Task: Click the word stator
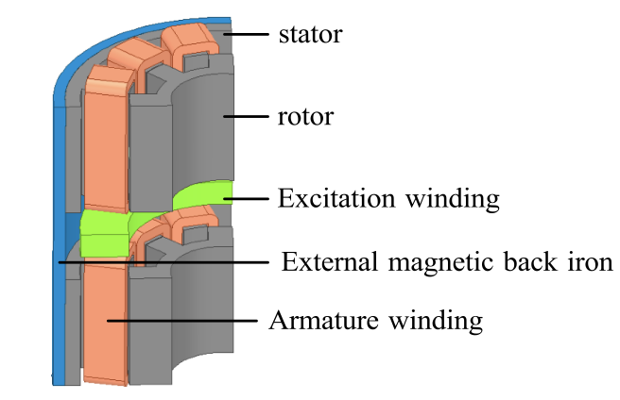point(309,36)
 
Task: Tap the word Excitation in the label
point(331,199)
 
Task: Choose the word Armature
point(322,320)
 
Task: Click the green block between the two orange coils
point(104,233)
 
